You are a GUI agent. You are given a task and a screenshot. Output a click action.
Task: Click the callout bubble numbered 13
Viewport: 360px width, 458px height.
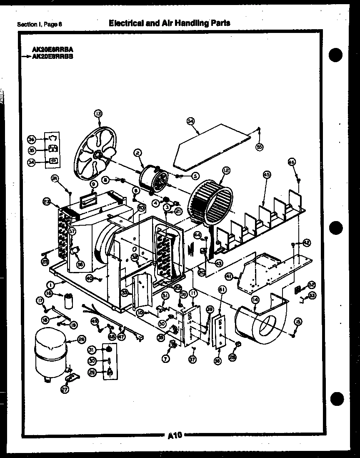click(x=98, y=113)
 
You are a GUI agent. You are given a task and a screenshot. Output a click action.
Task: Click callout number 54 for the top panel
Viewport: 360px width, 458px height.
click(x=190, y=121)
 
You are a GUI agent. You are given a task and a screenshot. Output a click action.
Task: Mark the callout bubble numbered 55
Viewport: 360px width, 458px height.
click(x=259, y=147)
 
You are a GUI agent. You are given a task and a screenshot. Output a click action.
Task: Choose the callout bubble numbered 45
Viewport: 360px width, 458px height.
click(x=266, y=175)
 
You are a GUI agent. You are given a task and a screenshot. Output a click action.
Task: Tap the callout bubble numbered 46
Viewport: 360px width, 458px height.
click(x=292, y=162)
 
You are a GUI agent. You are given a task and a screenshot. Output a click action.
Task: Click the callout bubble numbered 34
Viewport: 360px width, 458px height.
click(x=31, y=163)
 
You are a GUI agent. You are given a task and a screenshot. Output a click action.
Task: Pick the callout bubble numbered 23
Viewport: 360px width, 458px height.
click(x=46, y=202)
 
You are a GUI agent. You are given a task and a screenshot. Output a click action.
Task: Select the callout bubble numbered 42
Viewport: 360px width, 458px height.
click(x=306, y=242)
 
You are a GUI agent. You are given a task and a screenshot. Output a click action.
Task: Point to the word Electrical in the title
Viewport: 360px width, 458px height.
click(x=125, y=23)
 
